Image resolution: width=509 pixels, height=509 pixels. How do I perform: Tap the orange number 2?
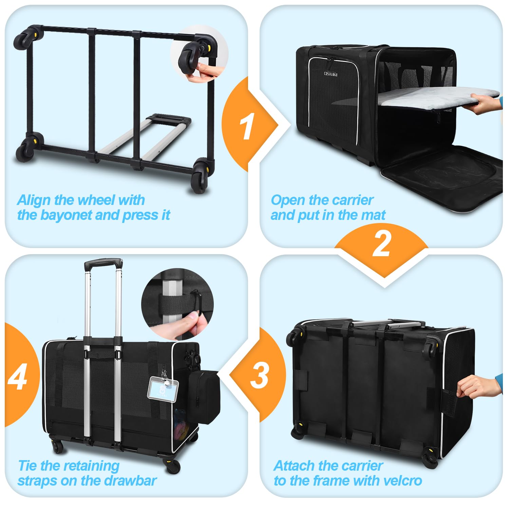point(381,244)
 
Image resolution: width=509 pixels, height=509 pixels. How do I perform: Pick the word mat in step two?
point(375,215)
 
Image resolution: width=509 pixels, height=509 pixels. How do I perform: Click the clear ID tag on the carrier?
point(163,388)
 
